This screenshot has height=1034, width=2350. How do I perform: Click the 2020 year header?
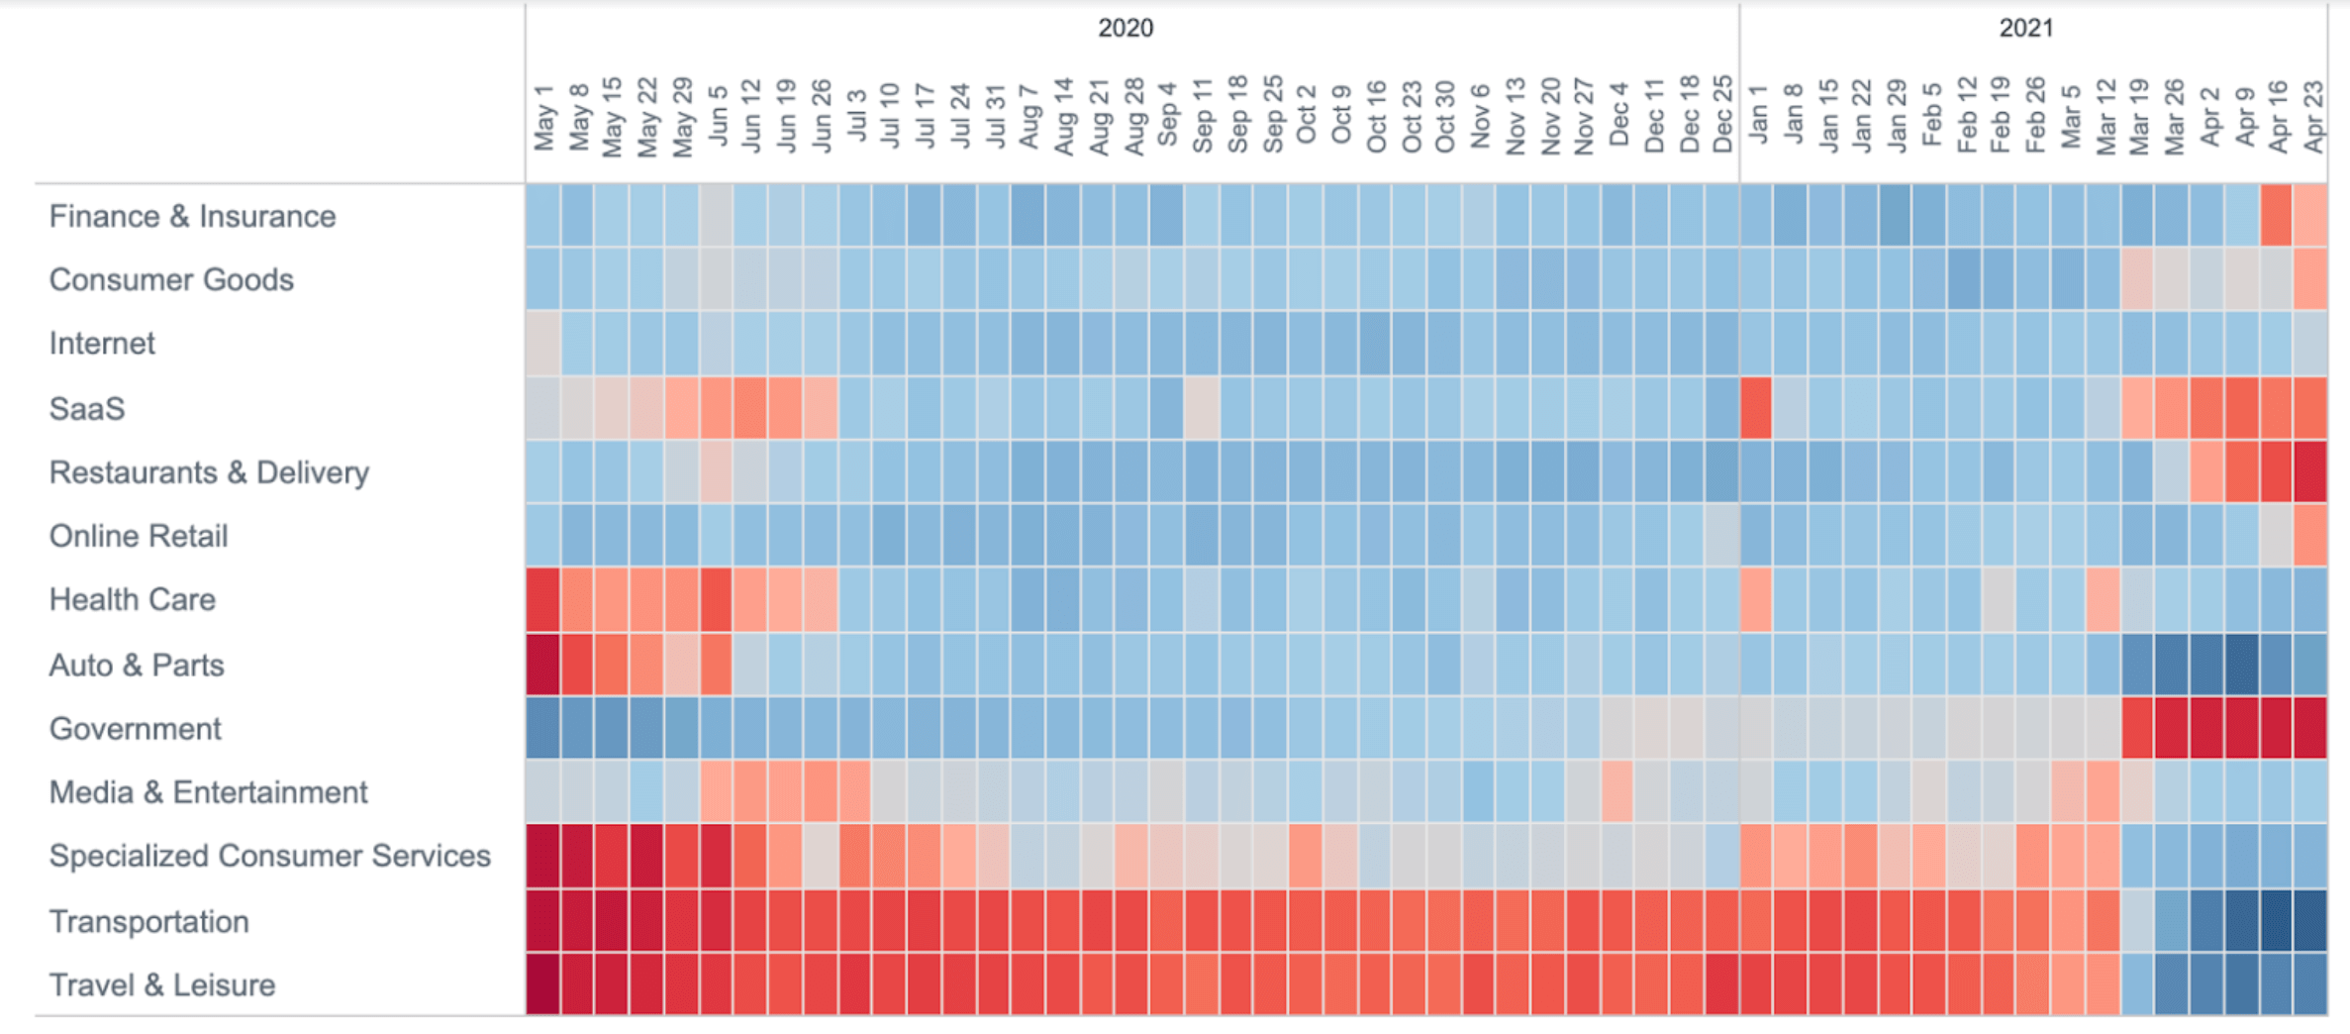pos(1125,28)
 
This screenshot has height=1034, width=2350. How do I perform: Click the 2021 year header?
pos(2025,28)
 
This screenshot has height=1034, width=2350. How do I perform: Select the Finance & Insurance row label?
pos(192,216)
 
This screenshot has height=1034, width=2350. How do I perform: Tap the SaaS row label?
pos(87,408)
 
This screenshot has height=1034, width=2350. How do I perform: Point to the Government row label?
pos(135,729)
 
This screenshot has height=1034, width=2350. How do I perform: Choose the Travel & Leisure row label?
pos(161,984)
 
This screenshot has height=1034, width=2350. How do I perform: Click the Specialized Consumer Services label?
pos(269,856)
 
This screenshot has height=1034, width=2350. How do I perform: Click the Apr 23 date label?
pos(2313,117)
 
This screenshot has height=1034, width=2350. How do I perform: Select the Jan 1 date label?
pos(1757,115)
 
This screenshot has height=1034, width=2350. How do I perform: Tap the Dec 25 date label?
pos(1722,115)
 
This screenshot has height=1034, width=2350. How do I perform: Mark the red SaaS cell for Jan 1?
pos(1756,408)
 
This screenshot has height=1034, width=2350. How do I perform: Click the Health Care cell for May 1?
pos(542,600)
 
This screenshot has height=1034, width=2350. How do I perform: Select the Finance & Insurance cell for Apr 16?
pos(2276,216)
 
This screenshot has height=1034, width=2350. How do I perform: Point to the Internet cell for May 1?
pos(542,344)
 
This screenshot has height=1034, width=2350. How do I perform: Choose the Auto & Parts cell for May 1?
pos(542,665)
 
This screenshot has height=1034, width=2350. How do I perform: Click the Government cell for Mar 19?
pos(2138,729)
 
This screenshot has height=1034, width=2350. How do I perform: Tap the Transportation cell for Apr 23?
pos(2310,921)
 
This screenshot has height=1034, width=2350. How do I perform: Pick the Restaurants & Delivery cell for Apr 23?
pos(2310,472)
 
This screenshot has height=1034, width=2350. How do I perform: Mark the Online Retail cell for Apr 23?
pos(2310,536)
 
